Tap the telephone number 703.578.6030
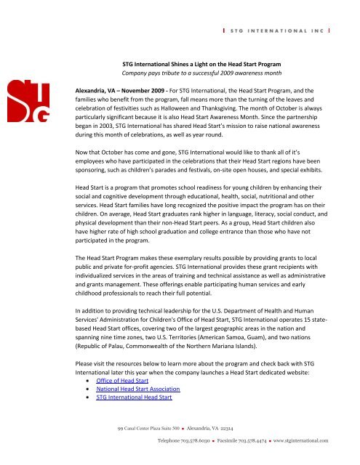point(203,441)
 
